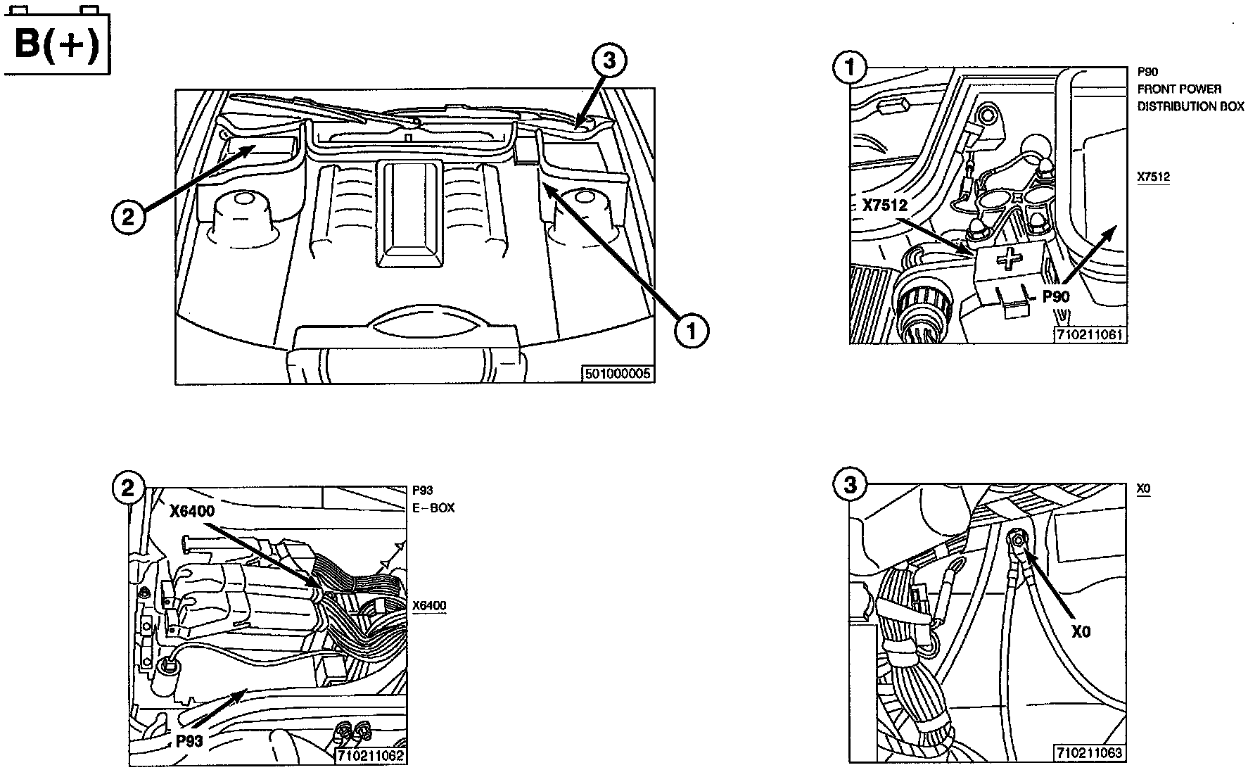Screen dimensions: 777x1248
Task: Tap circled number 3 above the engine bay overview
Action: tap(609, 62)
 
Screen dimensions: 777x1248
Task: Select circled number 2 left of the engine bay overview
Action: tap(128, 216)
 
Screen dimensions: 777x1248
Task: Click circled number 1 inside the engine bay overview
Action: tap(692, 330)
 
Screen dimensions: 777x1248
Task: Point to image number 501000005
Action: tap(618, 374)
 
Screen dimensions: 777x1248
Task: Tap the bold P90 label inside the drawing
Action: tap(1055, 296)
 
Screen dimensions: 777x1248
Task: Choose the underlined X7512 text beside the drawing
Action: tap(1154, 177)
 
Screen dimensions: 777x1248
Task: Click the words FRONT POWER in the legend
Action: tap(1179, 89)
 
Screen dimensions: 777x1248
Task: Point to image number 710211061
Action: tap(1088, 335)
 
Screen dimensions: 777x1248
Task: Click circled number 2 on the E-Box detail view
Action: tap(128, 487)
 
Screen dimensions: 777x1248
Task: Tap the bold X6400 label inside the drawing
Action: tap(192, 512)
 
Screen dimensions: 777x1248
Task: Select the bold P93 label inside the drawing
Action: tap(189, 741)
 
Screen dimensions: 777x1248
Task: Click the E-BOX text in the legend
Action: tap(433, 507)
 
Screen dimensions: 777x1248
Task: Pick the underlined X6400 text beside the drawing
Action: tap(429, 606)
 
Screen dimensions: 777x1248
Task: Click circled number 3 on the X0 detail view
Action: tap(851, 485)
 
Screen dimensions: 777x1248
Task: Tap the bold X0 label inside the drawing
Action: tap(1081, 632)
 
